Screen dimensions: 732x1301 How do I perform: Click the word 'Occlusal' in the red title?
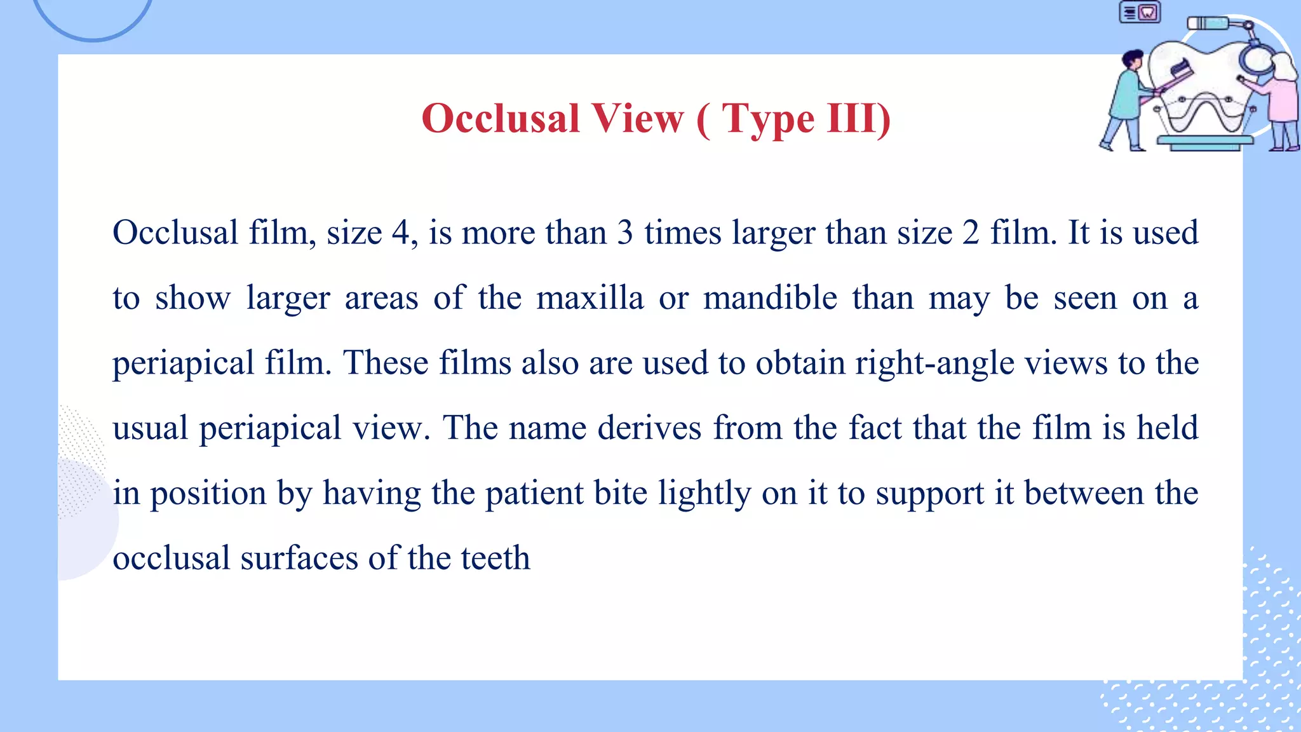(x=501, y=118)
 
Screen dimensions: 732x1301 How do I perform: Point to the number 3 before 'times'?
(x=625, y=233)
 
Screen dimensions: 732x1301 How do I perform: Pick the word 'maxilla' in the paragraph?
(x=590, y=298)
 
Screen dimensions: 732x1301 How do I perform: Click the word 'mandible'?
(x=770, y=298)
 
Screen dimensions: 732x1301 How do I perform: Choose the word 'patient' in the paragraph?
(x=534, y=494)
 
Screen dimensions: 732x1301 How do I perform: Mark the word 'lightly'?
(x=704, y=494)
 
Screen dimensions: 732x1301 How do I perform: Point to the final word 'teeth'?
(x=495, y=559)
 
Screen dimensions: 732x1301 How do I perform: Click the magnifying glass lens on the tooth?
(x=1257, y=60)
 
